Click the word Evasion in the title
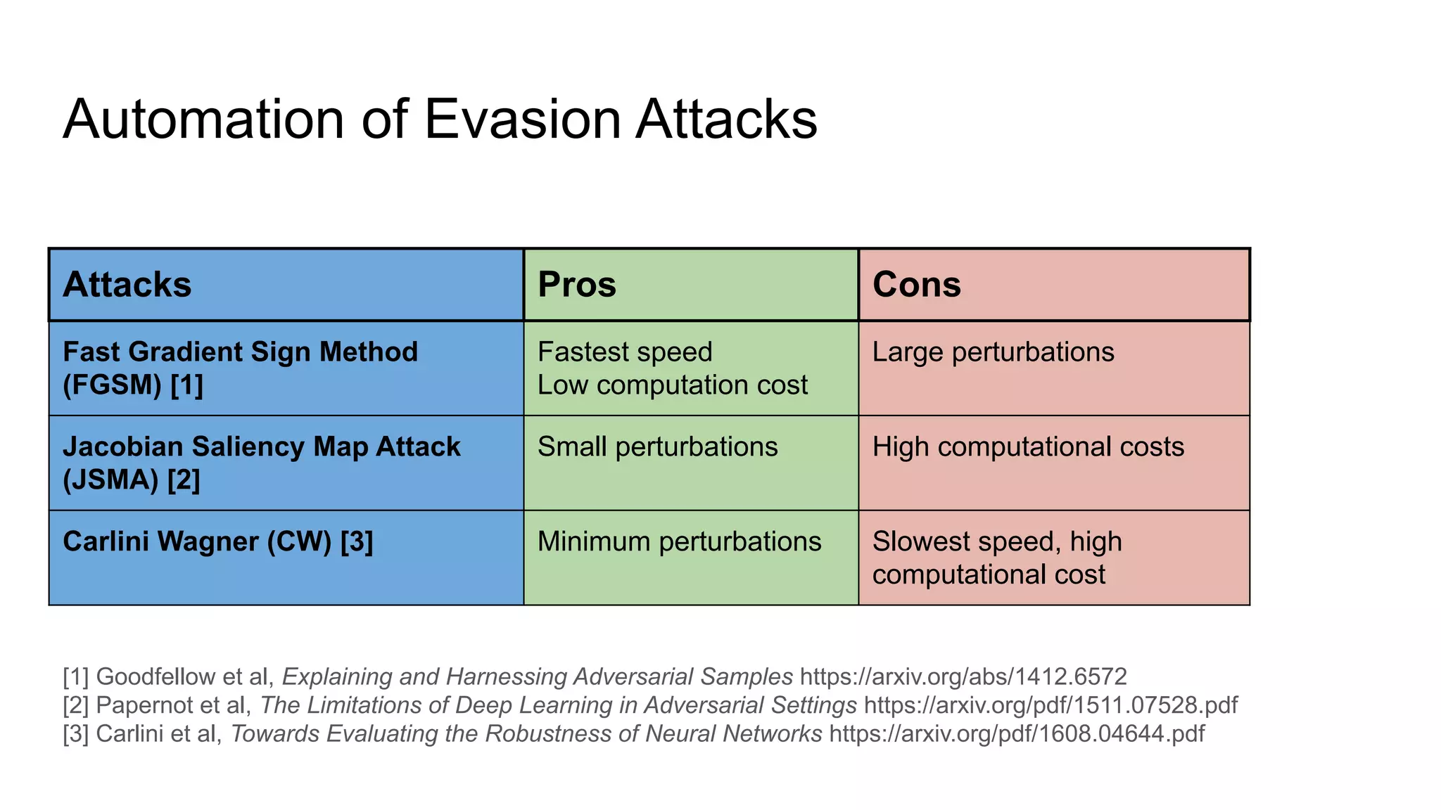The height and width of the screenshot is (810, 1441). click(523, 120)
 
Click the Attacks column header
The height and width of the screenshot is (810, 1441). click(127, 285)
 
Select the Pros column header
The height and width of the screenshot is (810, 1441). click(577, 285)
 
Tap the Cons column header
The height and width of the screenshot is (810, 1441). click(916, 285)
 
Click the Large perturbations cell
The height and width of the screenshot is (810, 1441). click(993, 352)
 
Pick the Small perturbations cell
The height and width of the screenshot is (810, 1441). click(657, 447)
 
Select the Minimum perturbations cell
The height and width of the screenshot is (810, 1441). click(679, 542)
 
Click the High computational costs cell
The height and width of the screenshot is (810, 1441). click(1028, 447)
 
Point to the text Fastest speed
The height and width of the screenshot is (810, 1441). click(625, 352)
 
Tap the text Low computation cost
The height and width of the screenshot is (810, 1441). click(672, 385)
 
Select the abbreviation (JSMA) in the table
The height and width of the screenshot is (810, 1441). click(111, 480)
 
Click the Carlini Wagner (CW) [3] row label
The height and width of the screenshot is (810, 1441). click(217, 542)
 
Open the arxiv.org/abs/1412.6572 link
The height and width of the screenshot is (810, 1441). click(963, 677)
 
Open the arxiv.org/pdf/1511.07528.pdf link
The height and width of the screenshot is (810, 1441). click(1050, 705)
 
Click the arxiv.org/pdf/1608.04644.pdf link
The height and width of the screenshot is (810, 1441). click(1017, 734)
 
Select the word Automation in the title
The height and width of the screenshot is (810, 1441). click(204, 120)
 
